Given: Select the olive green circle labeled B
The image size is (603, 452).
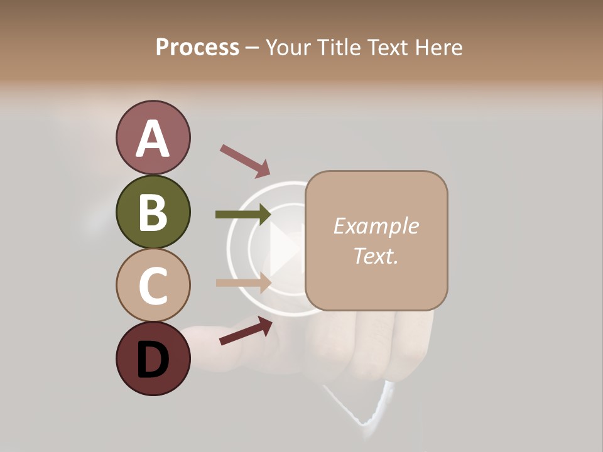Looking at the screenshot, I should (x=153, y=212).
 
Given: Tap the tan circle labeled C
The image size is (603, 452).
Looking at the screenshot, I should (x=153, y=285).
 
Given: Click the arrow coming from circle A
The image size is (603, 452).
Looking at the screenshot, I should (x=244, y=160).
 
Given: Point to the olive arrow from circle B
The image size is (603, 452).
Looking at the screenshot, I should (x=242, y=215).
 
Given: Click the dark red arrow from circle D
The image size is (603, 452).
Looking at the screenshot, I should (x=246, y=330).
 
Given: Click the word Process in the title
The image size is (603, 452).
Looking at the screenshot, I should (x=197, y=47).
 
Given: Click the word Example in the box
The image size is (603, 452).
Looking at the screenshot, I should (x=376, y=226).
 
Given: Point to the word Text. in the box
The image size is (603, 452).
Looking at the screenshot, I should (x=376, y=256).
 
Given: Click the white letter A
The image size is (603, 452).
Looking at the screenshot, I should (x=153, y=139).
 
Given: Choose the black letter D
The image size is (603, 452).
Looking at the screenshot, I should (x=153, y=360).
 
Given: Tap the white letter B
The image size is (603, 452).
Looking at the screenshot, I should (x=153, y=213).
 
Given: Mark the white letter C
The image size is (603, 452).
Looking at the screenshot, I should (x=153, y=286).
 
